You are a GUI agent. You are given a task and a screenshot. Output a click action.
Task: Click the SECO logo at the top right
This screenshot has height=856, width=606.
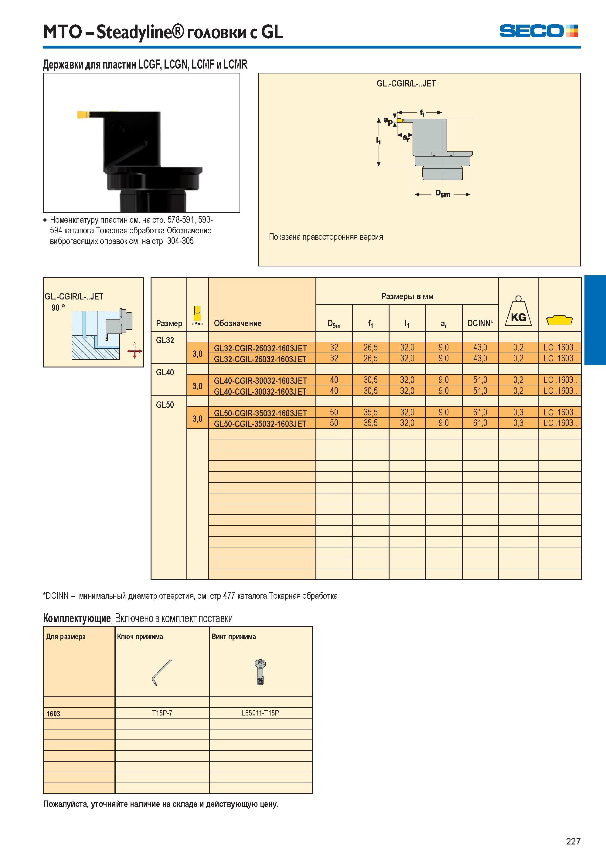click(x=539, y=31)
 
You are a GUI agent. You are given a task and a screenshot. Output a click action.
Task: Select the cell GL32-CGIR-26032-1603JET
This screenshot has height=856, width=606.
click(x=260, y=348)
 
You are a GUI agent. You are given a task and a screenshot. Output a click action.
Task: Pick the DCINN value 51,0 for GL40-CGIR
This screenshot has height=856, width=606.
click(x=480, y=380)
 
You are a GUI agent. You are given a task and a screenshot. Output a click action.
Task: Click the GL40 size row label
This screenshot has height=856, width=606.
click(x=165, y=372)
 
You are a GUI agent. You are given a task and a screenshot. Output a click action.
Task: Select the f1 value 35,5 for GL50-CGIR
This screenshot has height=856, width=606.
click(x=370, y=412)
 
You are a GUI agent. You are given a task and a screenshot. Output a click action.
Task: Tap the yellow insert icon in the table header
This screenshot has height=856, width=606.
click(x=559, y=320)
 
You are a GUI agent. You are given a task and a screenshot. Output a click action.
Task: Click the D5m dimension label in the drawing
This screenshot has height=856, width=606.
click(x=443, y=194)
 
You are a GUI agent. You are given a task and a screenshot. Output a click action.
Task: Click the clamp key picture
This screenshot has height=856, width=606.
click(x=162, y=672)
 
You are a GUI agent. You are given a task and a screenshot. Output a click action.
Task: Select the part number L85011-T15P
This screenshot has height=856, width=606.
click(x=260, y=713)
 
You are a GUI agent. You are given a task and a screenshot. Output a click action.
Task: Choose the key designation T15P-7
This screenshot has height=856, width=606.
click(x=162, y=713)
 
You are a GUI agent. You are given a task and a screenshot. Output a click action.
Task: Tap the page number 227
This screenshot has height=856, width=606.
click(x=573, y=841)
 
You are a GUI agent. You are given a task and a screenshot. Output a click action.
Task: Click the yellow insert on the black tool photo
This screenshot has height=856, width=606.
click(x=83, y=114)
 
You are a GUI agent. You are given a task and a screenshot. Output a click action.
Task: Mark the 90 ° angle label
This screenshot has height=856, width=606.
click(x=58, y=308)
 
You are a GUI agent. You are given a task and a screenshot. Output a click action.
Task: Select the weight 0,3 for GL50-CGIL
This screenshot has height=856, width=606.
click(x=518, y=423)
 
